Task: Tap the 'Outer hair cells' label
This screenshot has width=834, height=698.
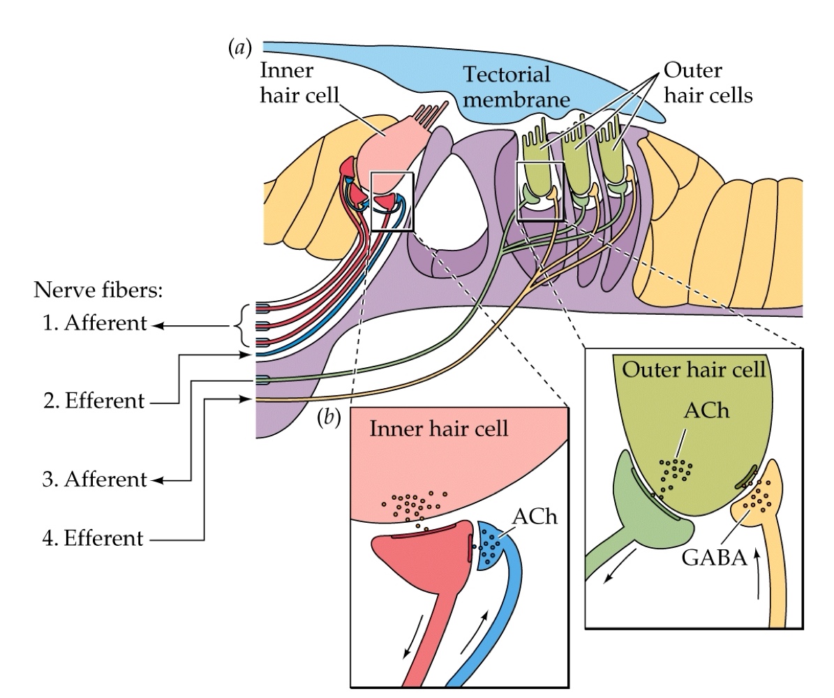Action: pos(707,83)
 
